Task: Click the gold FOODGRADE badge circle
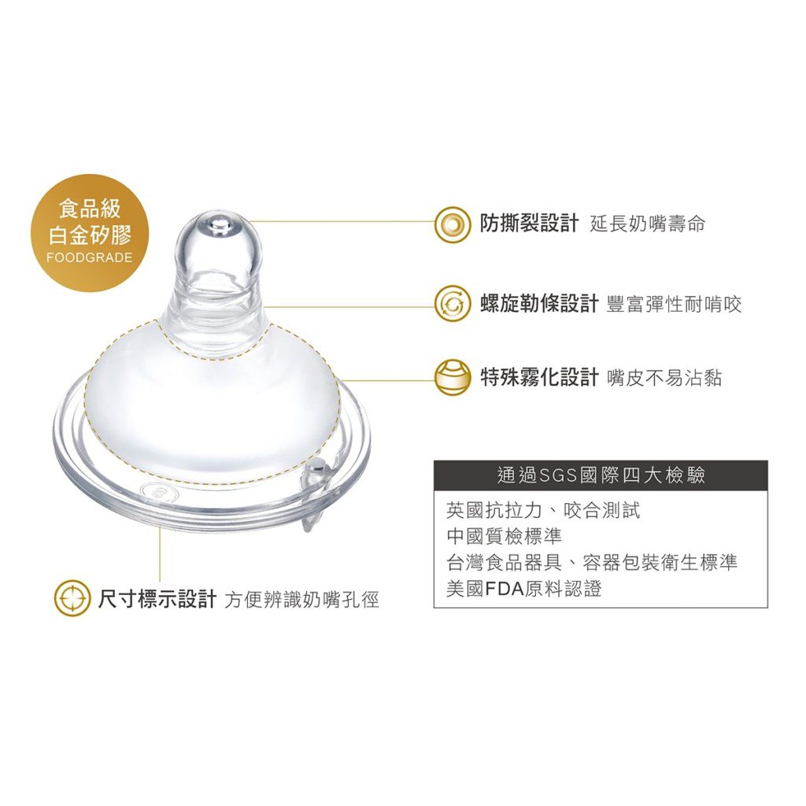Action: [90, 233]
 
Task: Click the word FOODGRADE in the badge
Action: [90, 257]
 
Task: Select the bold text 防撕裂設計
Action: [530, 223]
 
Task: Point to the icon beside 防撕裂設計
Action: [453, 224]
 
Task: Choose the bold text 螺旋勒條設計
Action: [539, 304]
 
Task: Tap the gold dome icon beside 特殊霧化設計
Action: [453, 377]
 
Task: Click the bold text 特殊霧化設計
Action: [539, 377]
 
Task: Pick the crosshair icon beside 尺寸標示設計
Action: [72, 599]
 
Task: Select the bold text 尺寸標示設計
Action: [157, 599]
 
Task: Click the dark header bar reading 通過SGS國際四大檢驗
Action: [601, 475]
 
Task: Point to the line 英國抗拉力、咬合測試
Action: [543, 510]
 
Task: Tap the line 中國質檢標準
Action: [505, 537]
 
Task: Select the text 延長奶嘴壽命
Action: [648, 224]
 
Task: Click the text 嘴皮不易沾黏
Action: [664, 378]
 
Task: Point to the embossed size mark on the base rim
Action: [161, 493]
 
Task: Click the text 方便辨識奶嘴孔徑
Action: [301, 600]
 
